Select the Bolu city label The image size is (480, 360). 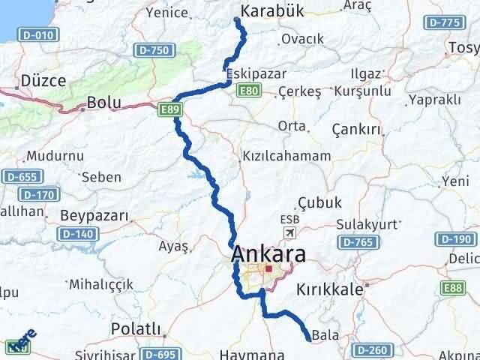103,102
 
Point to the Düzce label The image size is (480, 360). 43,80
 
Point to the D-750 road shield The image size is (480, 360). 154,50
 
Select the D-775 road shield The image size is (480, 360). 442,23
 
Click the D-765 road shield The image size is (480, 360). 356,241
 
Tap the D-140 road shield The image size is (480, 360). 74,234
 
